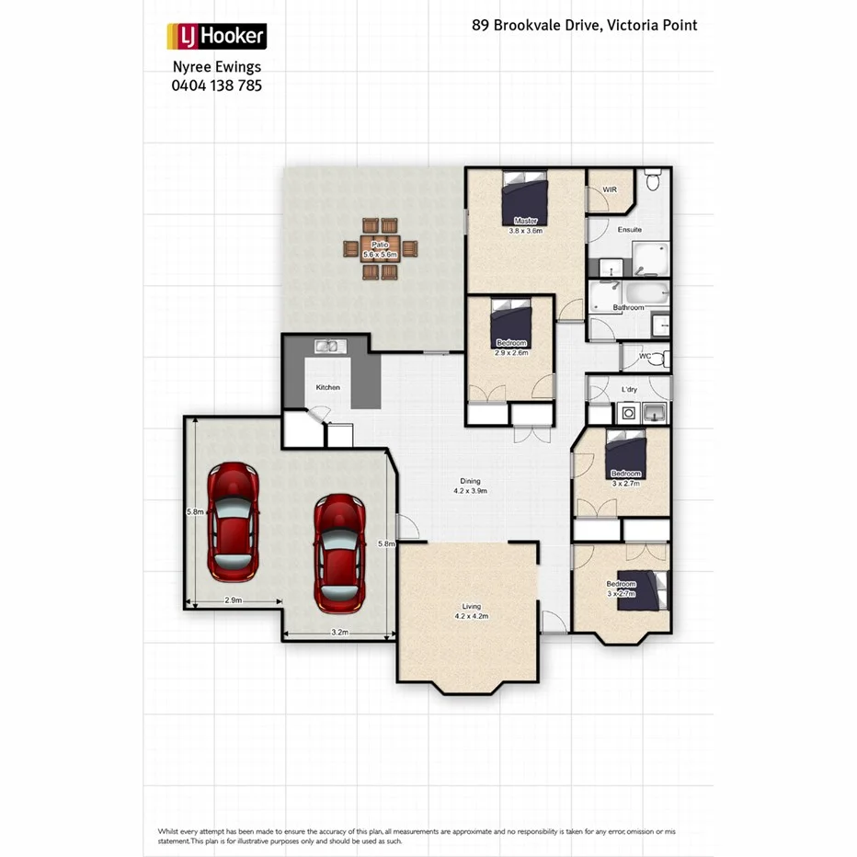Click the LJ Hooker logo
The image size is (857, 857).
(216, 37)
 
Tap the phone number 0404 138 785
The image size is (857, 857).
(216, 85)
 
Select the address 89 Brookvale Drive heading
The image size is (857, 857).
(584, 25)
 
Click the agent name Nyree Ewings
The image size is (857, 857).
(217, 67)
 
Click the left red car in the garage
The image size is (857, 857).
(232, 521)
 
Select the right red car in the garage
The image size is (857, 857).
(339, 554)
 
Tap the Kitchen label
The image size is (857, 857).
(328, 387)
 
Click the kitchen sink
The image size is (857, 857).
(328, 347)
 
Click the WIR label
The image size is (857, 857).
(609, 190)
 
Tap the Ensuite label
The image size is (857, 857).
(630, 229)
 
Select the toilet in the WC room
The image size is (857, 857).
(657, 358)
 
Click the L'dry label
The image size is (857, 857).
(630, 390)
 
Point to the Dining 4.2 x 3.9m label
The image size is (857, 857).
(470, 486)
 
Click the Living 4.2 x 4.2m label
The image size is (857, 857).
(470, 611)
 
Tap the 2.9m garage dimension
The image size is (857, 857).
(233, 600)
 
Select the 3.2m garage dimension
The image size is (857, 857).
(339, 633)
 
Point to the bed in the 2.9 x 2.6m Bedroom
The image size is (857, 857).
(510, 323)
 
